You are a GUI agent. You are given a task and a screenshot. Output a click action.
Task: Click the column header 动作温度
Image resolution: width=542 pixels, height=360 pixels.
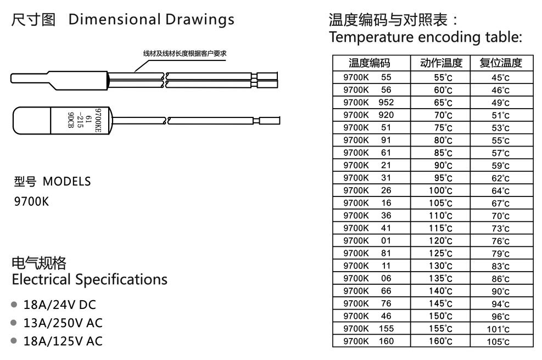click(x=441, y=63)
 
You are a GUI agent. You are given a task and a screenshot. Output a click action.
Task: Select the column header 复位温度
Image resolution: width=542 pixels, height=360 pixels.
click(x=500, y=63)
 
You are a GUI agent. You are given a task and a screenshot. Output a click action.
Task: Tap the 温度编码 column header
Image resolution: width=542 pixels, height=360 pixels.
click(x=372, y=63)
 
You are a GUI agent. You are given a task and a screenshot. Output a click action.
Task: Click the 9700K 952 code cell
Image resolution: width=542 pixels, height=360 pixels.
click(x=368, y=103)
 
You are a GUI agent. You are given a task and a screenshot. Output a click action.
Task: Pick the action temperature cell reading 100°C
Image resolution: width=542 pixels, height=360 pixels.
click(x=441, y=190)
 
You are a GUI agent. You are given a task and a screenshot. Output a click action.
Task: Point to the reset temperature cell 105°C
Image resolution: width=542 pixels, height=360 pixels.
click(x=500, y=341)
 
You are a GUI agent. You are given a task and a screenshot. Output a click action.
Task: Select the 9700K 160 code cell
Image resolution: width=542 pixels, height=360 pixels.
click(x=368, y=341)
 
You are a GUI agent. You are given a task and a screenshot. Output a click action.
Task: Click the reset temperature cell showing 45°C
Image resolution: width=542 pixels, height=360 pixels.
click(x=500, y=77)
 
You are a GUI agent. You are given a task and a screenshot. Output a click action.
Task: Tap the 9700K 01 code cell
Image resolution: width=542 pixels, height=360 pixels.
click(x=368, y=240)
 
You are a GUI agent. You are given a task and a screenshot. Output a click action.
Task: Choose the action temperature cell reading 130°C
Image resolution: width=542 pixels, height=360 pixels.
click(x=441, y=266)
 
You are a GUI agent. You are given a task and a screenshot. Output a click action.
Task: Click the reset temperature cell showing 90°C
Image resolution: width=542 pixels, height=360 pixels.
click(x=500, y=291)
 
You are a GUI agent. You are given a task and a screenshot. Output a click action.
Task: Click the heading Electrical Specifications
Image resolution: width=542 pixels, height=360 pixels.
click(x=90, y=279)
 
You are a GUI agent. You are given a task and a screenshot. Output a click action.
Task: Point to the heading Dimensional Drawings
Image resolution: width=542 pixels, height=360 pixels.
click(x=151, y=20)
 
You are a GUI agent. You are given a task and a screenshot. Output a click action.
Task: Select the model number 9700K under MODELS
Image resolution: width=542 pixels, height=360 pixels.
click(x=31, y=201)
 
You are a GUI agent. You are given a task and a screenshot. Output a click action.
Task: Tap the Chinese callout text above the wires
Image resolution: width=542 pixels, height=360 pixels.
click(x=177, y=53)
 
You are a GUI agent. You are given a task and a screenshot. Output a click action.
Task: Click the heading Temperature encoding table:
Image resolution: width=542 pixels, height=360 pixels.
click(x=424, y=38)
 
